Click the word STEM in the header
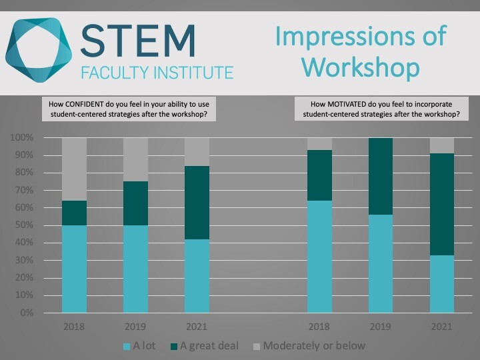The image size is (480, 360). pyautogui.click(x=139, y=41)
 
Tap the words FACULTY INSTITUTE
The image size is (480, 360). pyautogui.click(x=157, y=72)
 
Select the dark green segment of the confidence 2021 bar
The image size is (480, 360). pyautogui.click(x=197, y=203)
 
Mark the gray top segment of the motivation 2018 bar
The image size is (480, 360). pyautogui.click(x=319, y=144)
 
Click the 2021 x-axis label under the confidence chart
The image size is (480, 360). pyautogui.click(x=197, y=327)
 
